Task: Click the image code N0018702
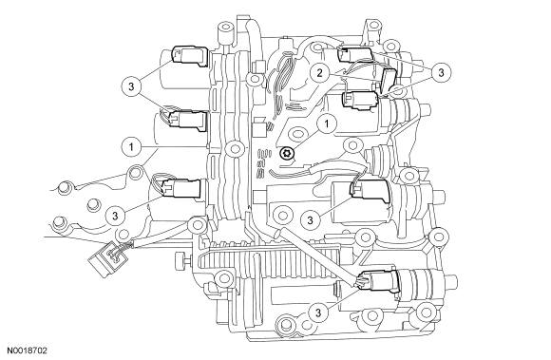point(28,351)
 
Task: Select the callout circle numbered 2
point(319,73)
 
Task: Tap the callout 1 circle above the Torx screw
point(327,123)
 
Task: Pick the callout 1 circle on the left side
point(131,146)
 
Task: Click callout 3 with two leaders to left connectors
point(131,86)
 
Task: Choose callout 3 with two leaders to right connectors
point(441,72)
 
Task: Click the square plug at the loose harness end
point(106,258)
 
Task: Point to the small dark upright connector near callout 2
point(388,80)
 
